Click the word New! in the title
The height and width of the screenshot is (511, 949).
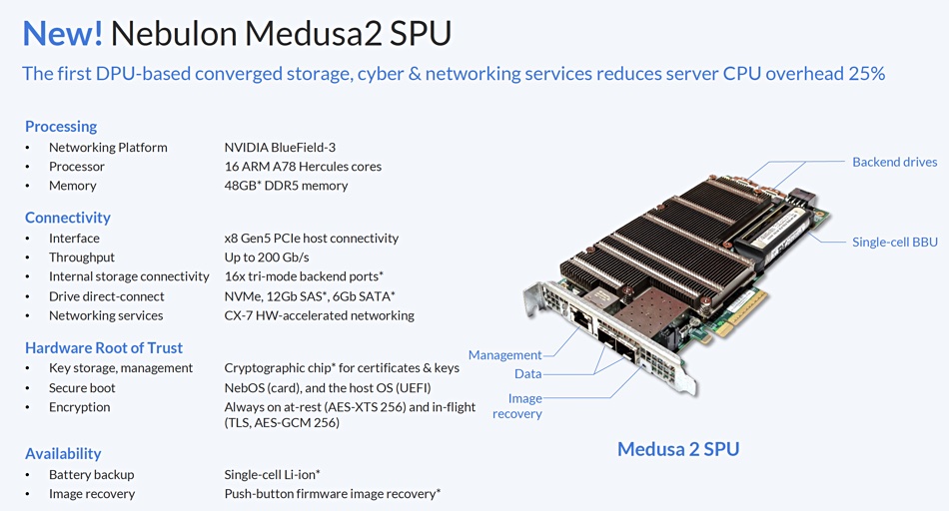(x=62, y=33)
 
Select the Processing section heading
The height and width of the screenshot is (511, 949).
(x=61, y=127)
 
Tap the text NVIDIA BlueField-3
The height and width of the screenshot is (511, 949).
(x=280, y=147)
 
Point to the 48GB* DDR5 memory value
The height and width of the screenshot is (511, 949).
(x=286, y=186)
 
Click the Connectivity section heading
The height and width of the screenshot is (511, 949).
(x=68, y=218)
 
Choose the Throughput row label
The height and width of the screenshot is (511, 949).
(x=82, y=257)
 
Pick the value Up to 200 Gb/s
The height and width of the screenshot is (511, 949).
(x=267, y=257)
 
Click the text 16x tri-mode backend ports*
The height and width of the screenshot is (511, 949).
(x=304, y=276)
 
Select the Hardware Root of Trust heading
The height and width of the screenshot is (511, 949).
(x=104, y=347)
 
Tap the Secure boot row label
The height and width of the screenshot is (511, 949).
(x=82, y=387)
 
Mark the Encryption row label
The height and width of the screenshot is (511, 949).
(x=79, y=407)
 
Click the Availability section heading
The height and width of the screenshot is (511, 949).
(x=63, y=453)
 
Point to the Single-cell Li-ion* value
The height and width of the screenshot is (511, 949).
(x=272, y=475)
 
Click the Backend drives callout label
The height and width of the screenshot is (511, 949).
(x=894, y=162)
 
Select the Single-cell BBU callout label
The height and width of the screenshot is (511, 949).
(x=894, y=242)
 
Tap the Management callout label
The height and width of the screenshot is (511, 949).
(x=504, y=355)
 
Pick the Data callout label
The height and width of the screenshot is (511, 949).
(x=527, y=373)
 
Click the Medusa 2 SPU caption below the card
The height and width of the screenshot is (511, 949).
(x=678, y=449)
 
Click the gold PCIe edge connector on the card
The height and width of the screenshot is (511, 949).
(x=737, y=313)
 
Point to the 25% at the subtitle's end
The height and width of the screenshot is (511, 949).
(x=867, y=74)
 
